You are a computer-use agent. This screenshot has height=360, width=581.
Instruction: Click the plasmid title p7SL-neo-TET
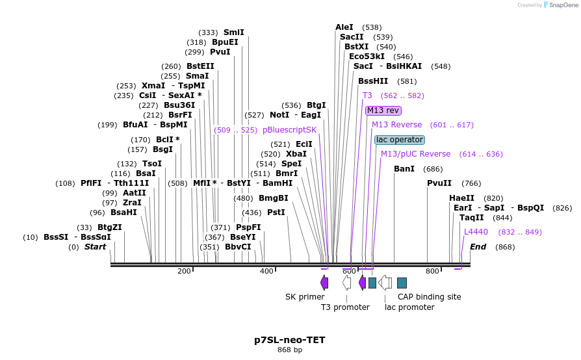pos(290,340)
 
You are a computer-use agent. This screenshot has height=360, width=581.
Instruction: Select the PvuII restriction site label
pos(439,183)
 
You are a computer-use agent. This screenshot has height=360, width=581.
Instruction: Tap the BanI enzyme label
pos(404,169)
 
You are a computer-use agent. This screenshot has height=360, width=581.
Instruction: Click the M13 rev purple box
pos(383,110)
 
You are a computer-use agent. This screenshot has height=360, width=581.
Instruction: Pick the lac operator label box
pos(400,140)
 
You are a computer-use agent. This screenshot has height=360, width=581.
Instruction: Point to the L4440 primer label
pos(476,232)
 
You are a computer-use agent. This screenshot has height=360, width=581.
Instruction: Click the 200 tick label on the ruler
pos(184,271)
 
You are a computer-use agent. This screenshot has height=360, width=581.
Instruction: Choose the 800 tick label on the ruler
pos(432,271)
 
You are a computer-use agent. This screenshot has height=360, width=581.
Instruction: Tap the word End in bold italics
pos(478,247)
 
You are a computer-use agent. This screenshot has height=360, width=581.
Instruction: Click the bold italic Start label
pos(95,247)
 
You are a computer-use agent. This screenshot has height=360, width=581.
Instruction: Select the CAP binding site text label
pos(429,297)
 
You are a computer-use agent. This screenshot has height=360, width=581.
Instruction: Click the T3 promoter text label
pos(345,307)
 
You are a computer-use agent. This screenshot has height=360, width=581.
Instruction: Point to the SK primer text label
pos(305,297)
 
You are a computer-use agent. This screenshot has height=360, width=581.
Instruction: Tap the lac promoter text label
pos(409,307)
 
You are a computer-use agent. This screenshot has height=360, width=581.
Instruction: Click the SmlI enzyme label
pos(234,32)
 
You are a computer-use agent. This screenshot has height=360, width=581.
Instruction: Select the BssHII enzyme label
pos(373,81)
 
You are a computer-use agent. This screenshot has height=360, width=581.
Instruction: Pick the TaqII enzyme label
pos(472,218)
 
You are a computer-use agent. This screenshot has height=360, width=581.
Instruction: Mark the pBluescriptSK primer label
pos(290,130)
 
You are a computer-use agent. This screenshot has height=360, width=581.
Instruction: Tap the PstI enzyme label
pos(276,212)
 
